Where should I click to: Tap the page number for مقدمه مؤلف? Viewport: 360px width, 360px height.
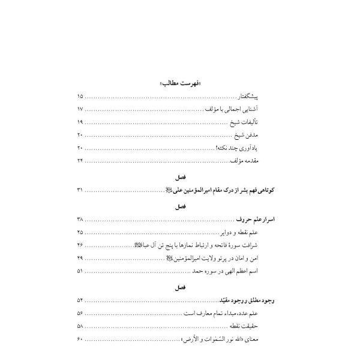tap(81, 162)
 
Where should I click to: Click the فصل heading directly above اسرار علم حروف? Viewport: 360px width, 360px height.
tap(179, 206)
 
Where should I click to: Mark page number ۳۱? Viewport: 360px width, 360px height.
tap(81, 190)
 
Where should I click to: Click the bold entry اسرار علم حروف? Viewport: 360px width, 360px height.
tap(260, 219)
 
